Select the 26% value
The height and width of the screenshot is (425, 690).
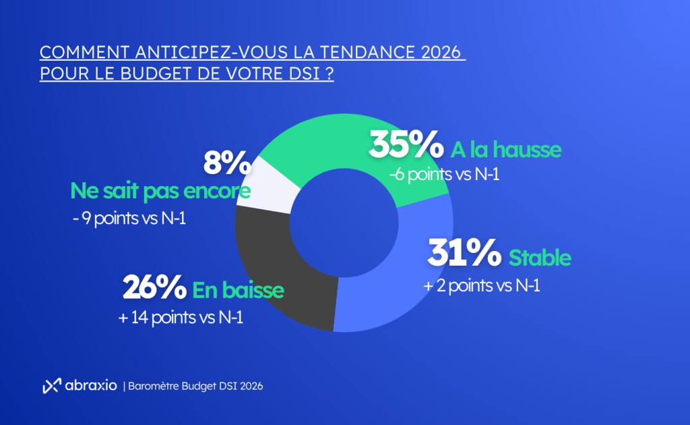pyautogui.click(x=154, y=288)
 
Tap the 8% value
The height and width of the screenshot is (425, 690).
pyautogui.click(x=227, y=164)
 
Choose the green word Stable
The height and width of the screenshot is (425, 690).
pyautogui.click(x=540, y=258)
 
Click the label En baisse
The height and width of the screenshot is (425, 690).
pyautogui.click(x=238, y=291)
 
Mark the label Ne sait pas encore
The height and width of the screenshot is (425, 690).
pyautogui.click(x=160, y=192)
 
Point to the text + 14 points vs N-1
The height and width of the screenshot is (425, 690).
pyautogui.click(x=181, y=317)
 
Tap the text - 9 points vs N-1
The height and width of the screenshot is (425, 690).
pyautogui.click(x=128, y=221)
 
